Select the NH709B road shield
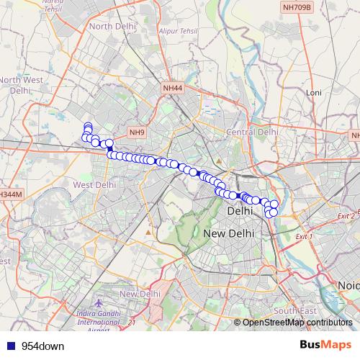(297, 7)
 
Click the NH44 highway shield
(174, 88)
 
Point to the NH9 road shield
(137, 132)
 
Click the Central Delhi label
(252, 132)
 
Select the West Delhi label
(94, 185)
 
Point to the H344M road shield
(11, 194)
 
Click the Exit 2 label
(346, 215)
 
